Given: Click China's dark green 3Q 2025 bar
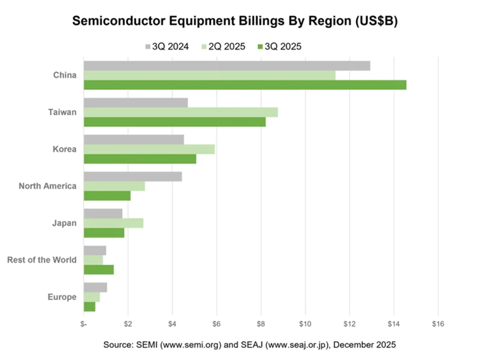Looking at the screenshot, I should point(245,85).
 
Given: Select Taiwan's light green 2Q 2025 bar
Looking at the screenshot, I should point(180,113).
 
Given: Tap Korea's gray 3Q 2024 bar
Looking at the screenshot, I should point(134,140).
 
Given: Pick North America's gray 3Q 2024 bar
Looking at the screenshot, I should point(133,176).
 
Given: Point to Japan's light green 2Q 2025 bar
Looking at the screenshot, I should point(113,223).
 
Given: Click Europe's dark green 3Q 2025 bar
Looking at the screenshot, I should point(89,306).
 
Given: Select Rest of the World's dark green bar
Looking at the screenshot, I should point(99,270).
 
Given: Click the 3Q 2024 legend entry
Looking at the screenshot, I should point(166,47).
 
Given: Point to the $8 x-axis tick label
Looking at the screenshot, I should point(261,323).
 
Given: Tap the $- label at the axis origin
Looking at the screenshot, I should point(83,323).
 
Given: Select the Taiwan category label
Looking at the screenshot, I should point(62,112).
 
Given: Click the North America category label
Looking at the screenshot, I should point(47,186).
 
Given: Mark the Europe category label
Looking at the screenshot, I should point(62,297).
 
